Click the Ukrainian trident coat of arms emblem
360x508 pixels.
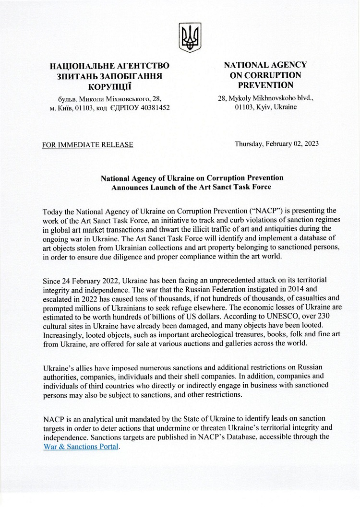[x=190, y=37]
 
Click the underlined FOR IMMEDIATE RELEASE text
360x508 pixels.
[x=88, y=144]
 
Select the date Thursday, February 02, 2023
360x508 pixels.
[x=276, y=143]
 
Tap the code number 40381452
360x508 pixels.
[x=152, y=108]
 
